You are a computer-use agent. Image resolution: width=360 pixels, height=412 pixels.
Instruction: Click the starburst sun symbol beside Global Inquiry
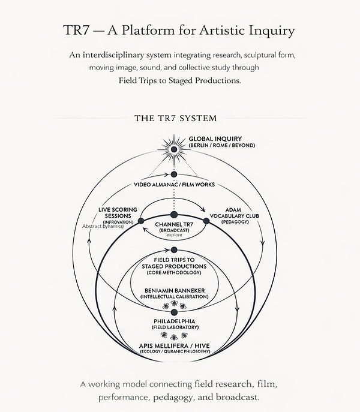click(x=174, y=148)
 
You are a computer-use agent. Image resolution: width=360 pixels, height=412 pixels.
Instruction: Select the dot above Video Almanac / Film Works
click(x=174, y=174)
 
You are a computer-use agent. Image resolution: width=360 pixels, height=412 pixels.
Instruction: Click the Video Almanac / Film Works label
click(x=174, y=185)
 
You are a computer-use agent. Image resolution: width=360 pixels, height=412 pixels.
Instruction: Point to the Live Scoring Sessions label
click(x=118, y=212)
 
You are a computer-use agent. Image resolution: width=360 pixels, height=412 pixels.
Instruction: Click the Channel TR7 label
click(x=173, y=224)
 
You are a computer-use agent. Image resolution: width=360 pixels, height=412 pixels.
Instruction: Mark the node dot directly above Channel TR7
click(x=174, y=215)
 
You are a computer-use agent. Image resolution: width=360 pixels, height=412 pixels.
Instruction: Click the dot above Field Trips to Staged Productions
click(x=174, y=249)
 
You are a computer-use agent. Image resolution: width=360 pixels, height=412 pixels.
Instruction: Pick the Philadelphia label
click(x=173, y=322)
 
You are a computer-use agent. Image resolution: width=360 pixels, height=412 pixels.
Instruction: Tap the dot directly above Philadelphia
click(x=174, y=312)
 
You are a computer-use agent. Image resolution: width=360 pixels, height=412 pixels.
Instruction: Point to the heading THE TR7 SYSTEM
click(x=175, y=118)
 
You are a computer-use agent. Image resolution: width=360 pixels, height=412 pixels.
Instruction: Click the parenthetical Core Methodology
click(x=173, y=273)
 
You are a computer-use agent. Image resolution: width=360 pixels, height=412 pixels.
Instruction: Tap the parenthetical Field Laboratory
click(x=173, y=329)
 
